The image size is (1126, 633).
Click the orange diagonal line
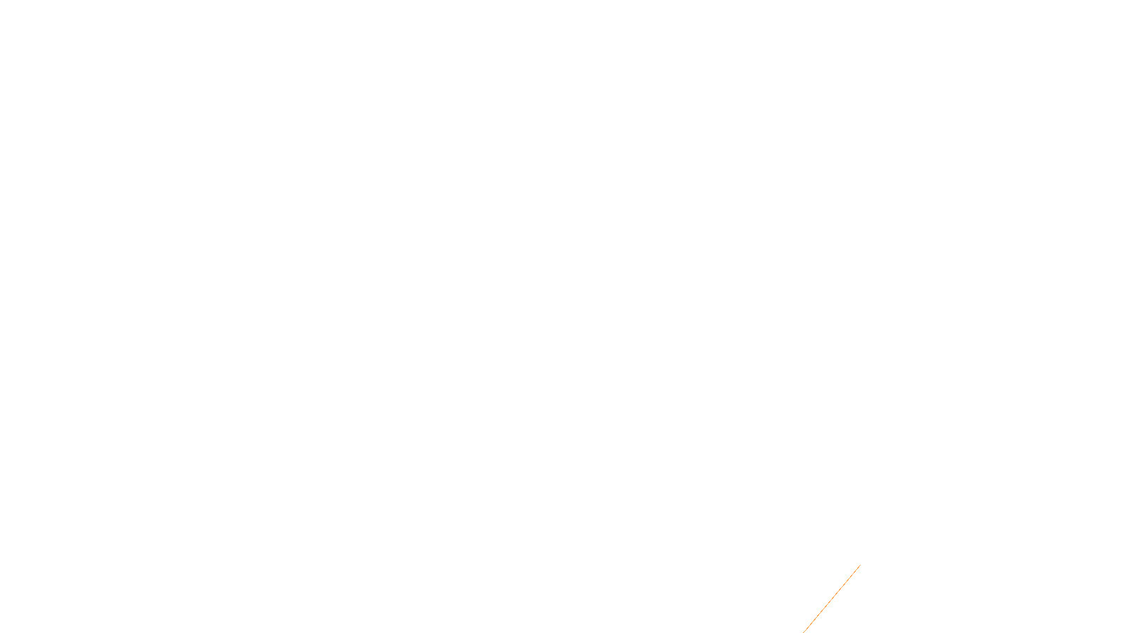(832, 599)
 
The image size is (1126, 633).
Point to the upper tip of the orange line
(860, 565)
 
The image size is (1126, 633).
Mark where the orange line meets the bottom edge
(804, 632)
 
